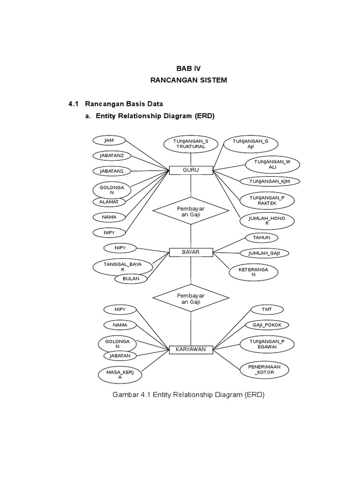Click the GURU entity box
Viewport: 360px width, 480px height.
[x=191, y=170]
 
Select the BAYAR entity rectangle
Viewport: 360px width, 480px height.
[x=191, y=252]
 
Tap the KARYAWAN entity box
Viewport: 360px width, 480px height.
[x=191, y=349]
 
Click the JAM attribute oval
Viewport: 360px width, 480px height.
[x=109, y=140]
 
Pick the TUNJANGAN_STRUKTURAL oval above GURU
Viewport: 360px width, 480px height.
[x=191, y=143]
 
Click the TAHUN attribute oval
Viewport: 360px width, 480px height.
[x=262, y=238]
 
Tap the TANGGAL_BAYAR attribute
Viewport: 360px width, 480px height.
[x=123, y=267]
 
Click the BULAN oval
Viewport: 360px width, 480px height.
[x=131, y=278]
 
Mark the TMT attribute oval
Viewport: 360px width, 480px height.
[x=267, y=309]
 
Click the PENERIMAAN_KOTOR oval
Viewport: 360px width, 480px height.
[x=267, y=370]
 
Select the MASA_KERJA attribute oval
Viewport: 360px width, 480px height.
[x=120, y=375]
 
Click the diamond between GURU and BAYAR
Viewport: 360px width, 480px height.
[x=191, y=211]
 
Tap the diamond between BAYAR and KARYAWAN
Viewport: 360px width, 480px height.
[x=191, y=299]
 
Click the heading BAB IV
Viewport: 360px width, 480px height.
[x=188, y=68]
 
